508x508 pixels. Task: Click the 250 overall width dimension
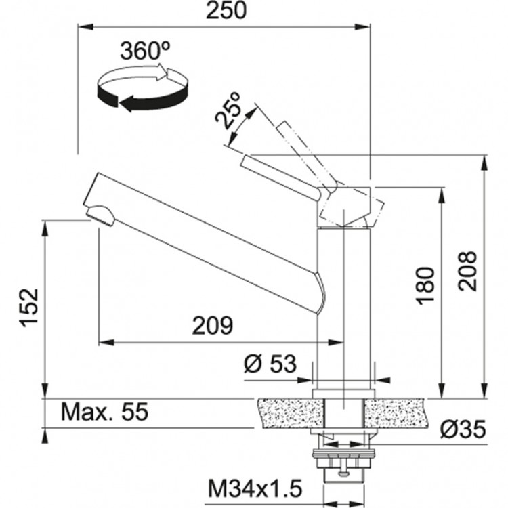(226, 11)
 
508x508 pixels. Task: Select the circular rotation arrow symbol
(142, 87)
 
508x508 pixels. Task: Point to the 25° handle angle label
(229, 110)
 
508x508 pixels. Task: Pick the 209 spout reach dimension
(211, 326)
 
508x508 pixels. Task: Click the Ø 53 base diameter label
(270, 364)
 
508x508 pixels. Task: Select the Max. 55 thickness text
(104, 412)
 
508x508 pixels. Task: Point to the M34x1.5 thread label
(255, 487)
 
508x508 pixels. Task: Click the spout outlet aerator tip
(102, 215)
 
